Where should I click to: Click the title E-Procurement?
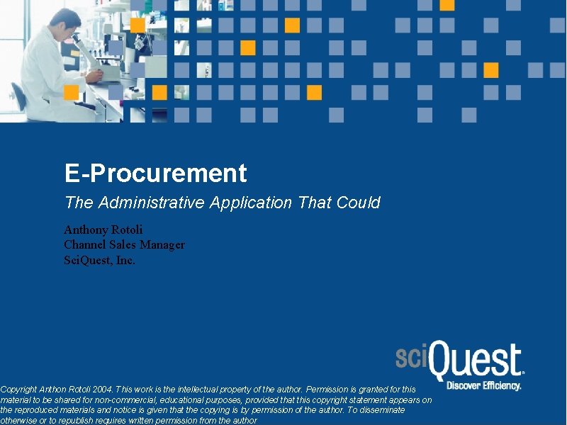155,174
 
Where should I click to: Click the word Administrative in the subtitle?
154,203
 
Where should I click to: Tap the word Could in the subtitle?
359,203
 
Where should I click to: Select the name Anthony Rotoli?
103,229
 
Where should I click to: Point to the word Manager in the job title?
162,244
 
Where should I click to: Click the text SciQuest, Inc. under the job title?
99,260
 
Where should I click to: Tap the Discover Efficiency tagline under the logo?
484,386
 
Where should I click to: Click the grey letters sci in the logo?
412,357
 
